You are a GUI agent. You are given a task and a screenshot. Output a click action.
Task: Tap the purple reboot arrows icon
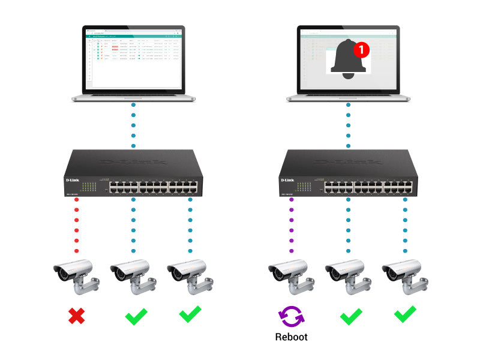291,315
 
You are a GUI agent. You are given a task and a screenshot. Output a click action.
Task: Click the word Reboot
291,337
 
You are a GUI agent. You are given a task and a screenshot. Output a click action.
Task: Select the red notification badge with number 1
361,49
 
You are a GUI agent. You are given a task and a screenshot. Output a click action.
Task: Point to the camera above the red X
76,275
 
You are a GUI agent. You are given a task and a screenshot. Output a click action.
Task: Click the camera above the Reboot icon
291,275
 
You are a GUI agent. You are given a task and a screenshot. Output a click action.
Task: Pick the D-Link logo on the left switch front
72,179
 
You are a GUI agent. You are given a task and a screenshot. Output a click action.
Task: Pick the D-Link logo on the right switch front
287,179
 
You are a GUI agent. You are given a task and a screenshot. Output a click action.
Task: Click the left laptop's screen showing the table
133,59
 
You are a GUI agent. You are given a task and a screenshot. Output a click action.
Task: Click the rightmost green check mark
405,314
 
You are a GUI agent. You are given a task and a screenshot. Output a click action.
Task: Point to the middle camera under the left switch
133,275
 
